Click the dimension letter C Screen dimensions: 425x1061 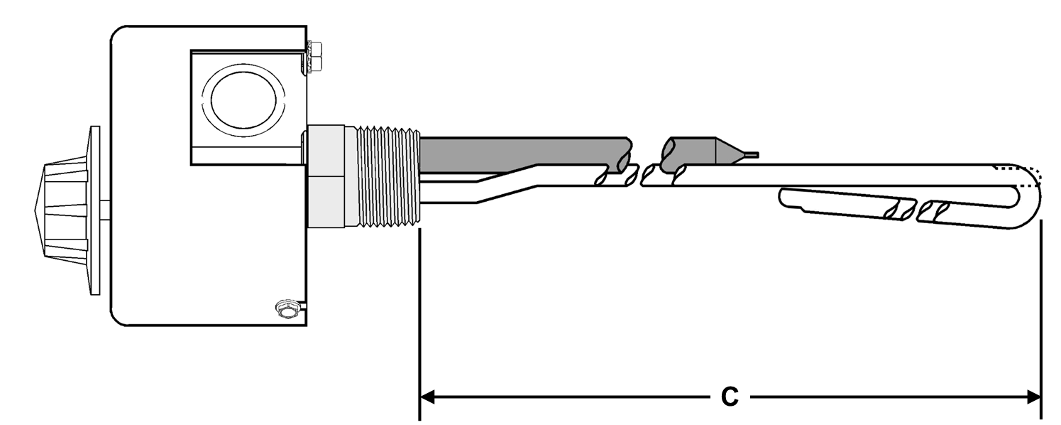pos(730,397)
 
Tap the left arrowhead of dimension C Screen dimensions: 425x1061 pos(427,396)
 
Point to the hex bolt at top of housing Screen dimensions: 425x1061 pos(313,57)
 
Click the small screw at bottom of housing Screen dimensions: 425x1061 pos(286,308)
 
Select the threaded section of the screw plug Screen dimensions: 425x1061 pos(387,177)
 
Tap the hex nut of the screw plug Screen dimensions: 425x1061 pos(326,177)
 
